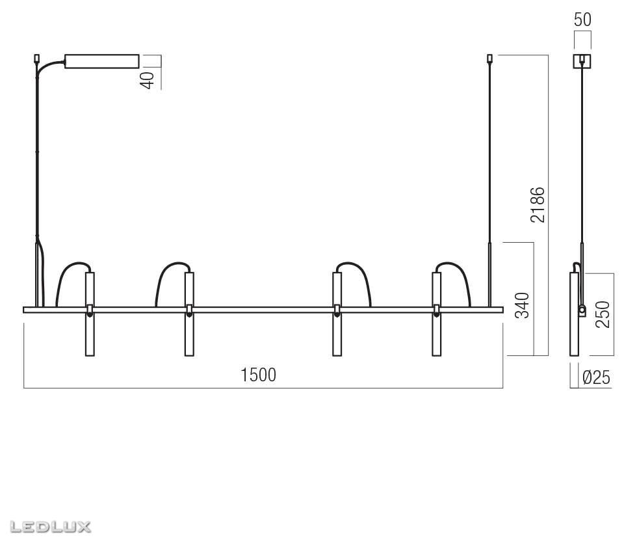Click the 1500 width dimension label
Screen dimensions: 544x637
tap(258, 375)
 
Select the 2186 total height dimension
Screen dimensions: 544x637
tap(538, 205)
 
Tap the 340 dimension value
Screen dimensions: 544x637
tap(522, 306)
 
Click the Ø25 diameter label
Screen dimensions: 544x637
tap(596, 377)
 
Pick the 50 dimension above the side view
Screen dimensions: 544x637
tap(582, 20)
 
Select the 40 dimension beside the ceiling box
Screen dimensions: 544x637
tap(148, 79)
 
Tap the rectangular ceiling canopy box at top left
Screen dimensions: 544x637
tap(102, 61)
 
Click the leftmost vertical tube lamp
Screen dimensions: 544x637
tap(90, 314)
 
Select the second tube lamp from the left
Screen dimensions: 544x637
tap(189, 314)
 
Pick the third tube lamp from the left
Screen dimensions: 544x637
tap(337, 314)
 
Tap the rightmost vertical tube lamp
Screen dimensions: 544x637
tap(436, 314)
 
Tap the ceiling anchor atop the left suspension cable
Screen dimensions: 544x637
tap(37, 59)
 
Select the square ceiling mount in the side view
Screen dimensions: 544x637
tap(582, 61)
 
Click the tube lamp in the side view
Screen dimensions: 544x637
tap(574, 314)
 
